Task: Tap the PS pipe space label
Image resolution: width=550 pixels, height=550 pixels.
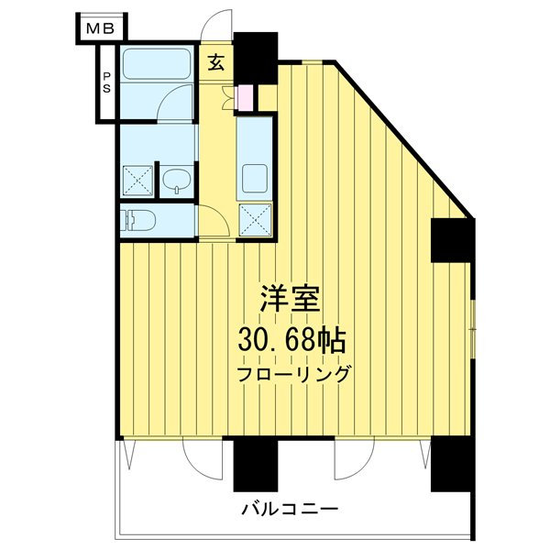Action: pos(107,82)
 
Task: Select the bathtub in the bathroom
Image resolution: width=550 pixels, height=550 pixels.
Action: pos(156,66)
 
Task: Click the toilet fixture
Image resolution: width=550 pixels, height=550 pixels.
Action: pos(138,220)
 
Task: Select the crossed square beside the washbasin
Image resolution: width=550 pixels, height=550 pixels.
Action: pos(137,181)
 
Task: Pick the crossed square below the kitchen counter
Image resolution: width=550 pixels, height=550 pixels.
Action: pos(255,220)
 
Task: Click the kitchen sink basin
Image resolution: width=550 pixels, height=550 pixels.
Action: pos(254,174)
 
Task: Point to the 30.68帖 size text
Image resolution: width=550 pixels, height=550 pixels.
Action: pos(291,341)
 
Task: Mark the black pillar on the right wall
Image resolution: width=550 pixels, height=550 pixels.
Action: pos(451,239)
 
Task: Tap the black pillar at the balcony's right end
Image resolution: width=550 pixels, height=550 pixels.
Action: pos(451,466)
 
